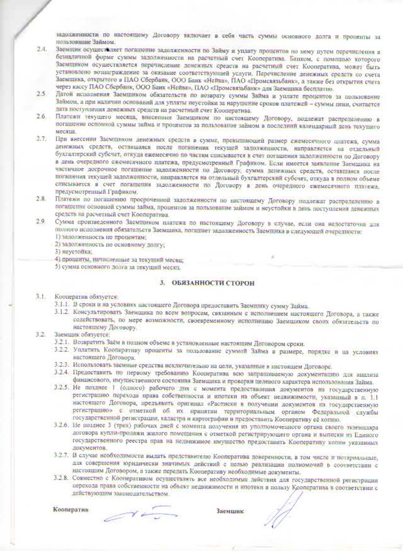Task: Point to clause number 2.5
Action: pos(41,93)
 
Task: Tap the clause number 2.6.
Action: pos(41,118)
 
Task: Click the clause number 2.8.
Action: pos(41,198)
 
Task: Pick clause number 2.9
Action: pos(41,221)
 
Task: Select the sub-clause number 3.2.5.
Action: pos(62,389)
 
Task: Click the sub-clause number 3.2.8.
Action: pos(62,480)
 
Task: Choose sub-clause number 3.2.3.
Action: pos(62,366)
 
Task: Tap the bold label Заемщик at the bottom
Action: pos(230,511)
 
